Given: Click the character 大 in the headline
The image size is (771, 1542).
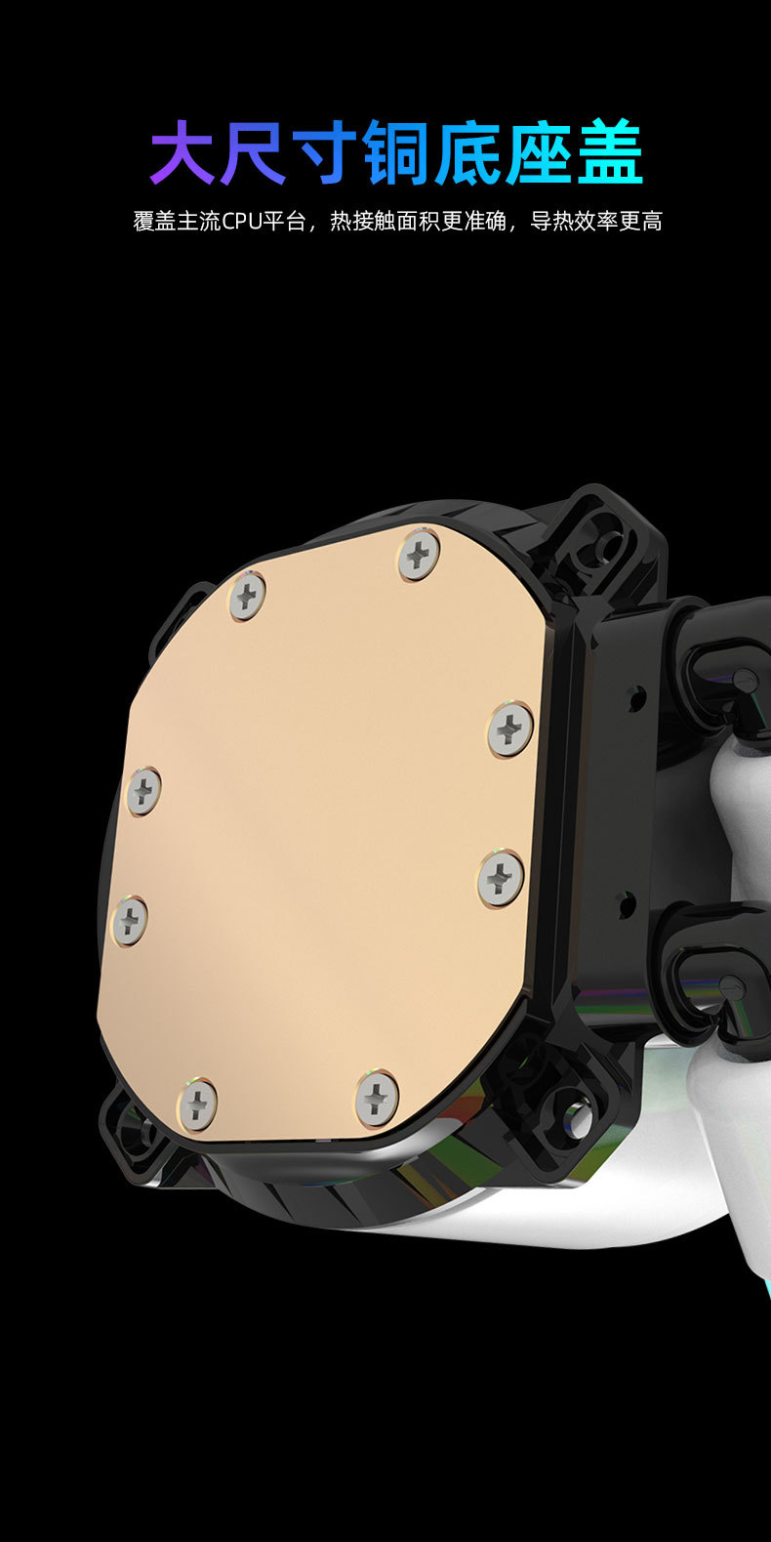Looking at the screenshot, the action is pyautogui.click(x=183, y=151).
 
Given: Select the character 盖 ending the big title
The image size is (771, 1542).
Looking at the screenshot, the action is pyautogui.click(x=610, y=151).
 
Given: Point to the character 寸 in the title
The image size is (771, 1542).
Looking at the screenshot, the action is pyautogui.click(x=326, y=151).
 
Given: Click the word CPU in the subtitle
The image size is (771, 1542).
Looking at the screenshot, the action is pyautogui.click(x=242, y=222).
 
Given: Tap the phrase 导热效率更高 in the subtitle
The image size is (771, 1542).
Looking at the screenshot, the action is pyautogui.click(x=596, y=222).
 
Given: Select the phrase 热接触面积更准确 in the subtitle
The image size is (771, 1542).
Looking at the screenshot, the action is pyautogui.click(x=418, y=222).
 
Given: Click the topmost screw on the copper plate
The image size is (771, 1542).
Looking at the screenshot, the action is pyautogui.click(x=420, y=554).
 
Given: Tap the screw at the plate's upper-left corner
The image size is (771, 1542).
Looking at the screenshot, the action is pyautogui.click(x=247, y=595).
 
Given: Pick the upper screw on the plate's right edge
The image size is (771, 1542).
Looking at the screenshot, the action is pyautogui.click(x=510, y=729).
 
